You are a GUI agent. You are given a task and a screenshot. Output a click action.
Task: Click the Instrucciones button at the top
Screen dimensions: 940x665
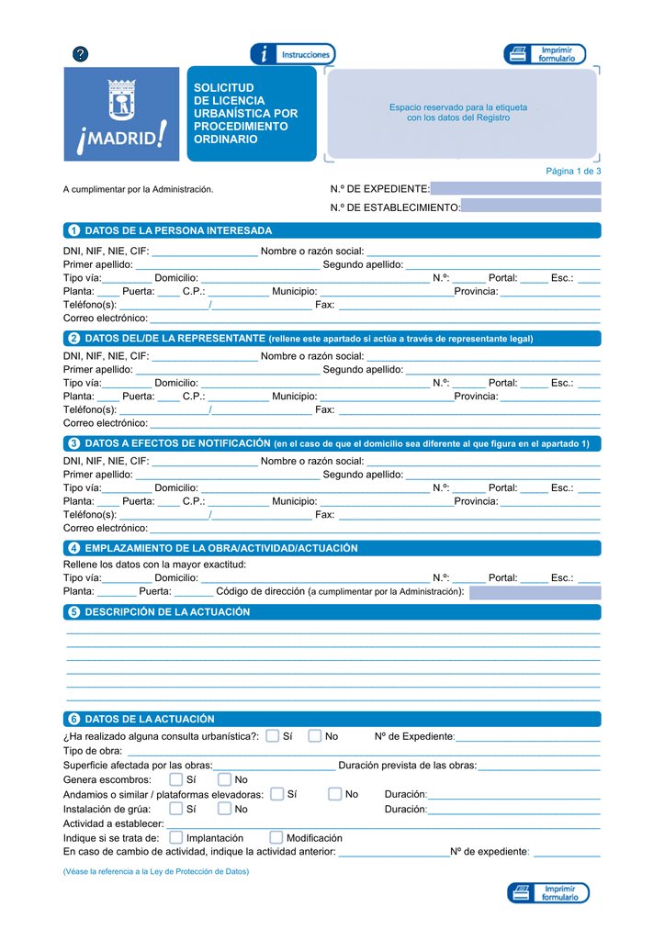[x=293, y=54]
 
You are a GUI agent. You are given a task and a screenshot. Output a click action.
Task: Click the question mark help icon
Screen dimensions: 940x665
[x=81, y=54]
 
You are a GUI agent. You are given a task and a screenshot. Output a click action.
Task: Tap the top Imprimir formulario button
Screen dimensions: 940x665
[x=545, y=54]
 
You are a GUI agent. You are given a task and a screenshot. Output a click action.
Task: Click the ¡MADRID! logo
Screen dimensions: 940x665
[x=121, y=114]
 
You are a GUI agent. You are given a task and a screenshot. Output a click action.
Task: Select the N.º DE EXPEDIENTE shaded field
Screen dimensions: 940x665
[x=515, y=188]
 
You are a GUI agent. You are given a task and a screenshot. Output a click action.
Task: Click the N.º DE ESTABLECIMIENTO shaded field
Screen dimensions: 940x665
[x=531, y=207]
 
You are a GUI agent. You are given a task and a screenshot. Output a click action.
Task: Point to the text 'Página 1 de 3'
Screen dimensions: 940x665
[x=573, y=171]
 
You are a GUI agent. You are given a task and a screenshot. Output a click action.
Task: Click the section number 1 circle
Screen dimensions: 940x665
[x=73, y=230]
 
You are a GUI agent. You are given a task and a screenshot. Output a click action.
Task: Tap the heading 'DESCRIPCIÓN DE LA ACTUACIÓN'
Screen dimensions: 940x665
[x=167, y=612]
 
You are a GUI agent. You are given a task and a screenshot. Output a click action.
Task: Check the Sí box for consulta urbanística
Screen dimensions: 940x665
[x=273, y=735]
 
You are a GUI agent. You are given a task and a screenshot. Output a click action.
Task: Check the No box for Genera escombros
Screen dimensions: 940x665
[x=224, y=779]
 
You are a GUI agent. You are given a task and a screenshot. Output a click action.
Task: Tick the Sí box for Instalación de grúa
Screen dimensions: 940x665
[x=176, y=809]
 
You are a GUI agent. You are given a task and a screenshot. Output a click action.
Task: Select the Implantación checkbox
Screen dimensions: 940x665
[x=176, y=837]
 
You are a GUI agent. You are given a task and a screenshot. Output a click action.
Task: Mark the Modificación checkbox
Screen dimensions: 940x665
[x=276, y=837]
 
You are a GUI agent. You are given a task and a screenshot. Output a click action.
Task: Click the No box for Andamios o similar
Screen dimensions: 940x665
[x=335, y=794]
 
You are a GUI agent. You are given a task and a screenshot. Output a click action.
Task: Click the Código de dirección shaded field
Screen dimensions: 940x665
[x=535, y=592]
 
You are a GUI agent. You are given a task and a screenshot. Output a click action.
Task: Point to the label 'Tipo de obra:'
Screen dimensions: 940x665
[x=93, y=751]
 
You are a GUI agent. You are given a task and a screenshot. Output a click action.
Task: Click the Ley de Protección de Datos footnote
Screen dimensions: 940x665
[x=156, y=871]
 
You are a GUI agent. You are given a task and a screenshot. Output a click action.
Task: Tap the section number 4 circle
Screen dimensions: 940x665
[x=73, y=548]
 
